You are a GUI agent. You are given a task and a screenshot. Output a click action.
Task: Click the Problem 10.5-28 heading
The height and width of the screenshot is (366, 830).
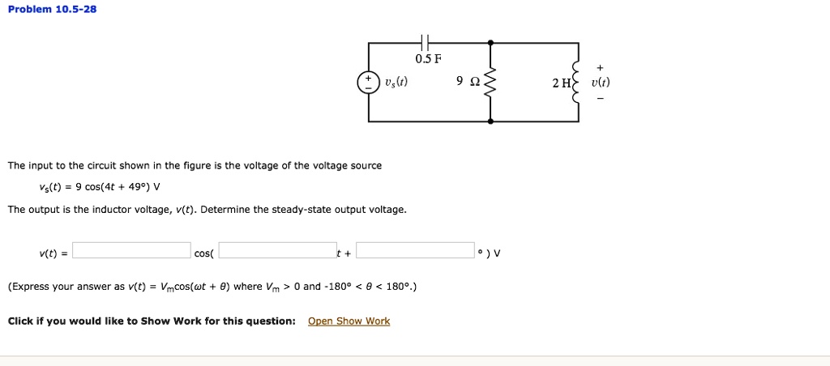[52, 10]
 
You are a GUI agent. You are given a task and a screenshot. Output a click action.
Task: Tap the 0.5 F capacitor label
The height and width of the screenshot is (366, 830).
[428, 59]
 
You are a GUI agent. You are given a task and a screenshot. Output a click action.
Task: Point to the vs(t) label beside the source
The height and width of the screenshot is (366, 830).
[396, 83]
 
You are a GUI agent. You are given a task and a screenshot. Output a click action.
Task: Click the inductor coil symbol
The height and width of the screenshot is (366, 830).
[577, 83]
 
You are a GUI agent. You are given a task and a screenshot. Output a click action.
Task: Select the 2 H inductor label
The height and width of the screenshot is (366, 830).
[559, 83]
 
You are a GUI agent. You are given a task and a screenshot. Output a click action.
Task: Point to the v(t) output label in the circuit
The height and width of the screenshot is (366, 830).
[601, 83]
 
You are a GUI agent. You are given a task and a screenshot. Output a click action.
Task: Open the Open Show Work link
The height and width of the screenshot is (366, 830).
[349, 321]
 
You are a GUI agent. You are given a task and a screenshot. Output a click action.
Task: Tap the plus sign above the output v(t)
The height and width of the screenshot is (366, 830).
[600, 68]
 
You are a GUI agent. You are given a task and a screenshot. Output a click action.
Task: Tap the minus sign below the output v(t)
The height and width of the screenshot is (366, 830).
[600, 99]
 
